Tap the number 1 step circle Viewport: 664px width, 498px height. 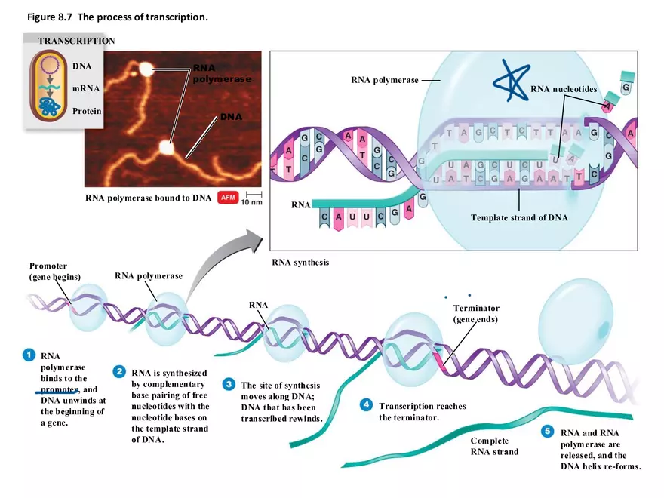pos(29,353)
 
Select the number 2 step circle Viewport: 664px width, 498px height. pos(119,371)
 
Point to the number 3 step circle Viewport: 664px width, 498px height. pos(227,384)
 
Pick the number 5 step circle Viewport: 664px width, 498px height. pos(549,432)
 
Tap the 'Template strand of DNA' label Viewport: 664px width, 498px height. pos(519,218)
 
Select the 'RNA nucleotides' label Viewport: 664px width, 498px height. pos(564,89)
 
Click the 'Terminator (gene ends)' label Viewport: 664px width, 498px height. pos(476,313)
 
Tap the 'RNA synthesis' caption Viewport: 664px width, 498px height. pos(300,263)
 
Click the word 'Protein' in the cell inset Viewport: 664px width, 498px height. pos(87,111)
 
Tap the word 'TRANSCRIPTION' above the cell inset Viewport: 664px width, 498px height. pos(76,41)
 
